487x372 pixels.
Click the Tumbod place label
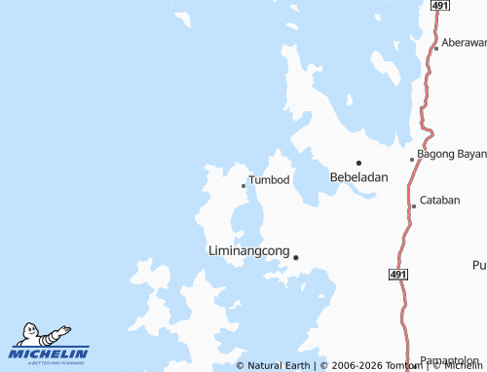pyautogui.click(x=269, y=180)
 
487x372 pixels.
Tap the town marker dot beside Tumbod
pyautogui.click(x=243, y=185)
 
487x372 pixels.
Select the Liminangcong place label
pyautogui.click(x=249, y=251)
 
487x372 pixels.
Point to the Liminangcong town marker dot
pyautogui.click(x=296, y=257)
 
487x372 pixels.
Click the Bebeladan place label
pyautogui.click(x=359, y=177)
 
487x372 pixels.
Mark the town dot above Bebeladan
pyautogui.click(x=358, y=163)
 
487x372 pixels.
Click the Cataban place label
pyautogui.click(x=439, y=201)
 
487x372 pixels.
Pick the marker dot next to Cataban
pyautogui.click(x=414, y=205)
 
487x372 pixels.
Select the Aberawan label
pyautogui.click(x=464, y=43)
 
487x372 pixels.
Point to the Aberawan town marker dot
pyautogui.click(x=436, y=48)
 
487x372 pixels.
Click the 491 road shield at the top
pyautogui.click(x=440, y=6)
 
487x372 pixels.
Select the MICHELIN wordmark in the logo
pyautogui.click(x=49, y=353)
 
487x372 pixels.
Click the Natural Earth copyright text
pyautogui.click(x=273, y=365)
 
